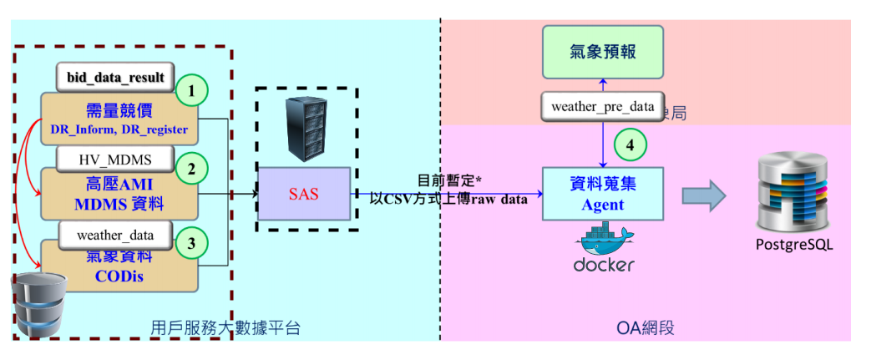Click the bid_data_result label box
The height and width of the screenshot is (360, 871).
point(116,77)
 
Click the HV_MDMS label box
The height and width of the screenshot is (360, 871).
point(115,156)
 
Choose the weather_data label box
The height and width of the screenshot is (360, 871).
point(116,236)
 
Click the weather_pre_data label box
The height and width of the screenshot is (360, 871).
point(602,105)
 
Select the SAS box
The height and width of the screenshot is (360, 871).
point(303,193)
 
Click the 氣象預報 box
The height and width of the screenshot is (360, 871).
point(603,52)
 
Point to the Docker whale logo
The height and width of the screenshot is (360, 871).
point(604,240)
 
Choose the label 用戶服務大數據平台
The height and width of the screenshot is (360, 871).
point(226,328)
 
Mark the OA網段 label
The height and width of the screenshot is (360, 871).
point(644,328)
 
